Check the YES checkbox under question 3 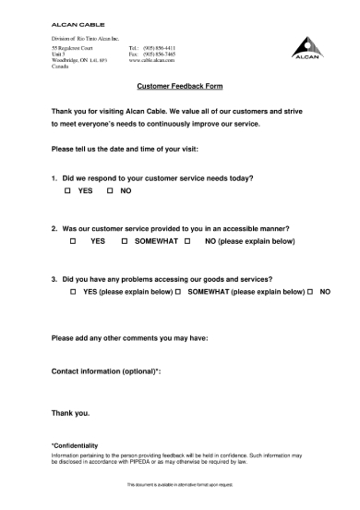72,291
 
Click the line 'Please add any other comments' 129,337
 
